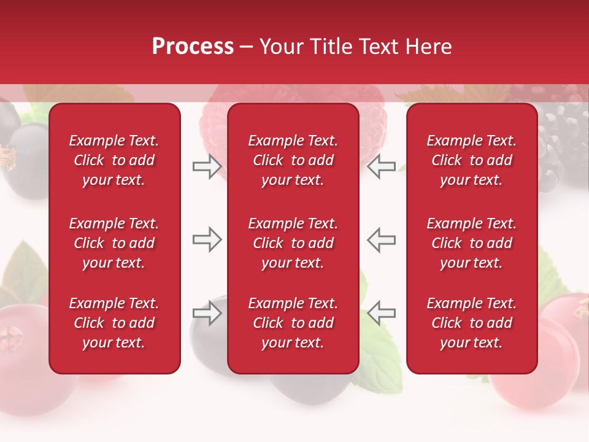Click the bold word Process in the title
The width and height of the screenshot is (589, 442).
point(192,47)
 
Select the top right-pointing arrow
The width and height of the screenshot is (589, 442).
point(207,166)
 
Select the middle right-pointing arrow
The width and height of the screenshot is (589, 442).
point(207,239)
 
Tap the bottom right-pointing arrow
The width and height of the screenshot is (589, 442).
point(207,313)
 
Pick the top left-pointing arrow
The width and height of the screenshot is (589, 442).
point(381,166)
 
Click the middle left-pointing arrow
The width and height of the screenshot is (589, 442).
point(381,239)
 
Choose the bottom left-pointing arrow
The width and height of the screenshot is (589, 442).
point(381,313)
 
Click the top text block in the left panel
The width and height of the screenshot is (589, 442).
point(114,160)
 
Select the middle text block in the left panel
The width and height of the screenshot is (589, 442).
point(114,243)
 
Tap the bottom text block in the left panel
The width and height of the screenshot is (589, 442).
point(114,323)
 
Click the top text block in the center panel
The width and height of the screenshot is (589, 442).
point(293,160)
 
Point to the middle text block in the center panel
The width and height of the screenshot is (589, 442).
point(293,243)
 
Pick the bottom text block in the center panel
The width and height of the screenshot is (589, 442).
point(293,323)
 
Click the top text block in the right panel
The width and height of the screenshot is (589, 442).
point(472,160)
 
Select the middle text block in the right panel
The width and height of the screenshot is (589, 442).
point(472,243)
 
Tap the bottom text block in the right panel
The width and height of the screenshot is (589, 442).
point(472,323)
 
